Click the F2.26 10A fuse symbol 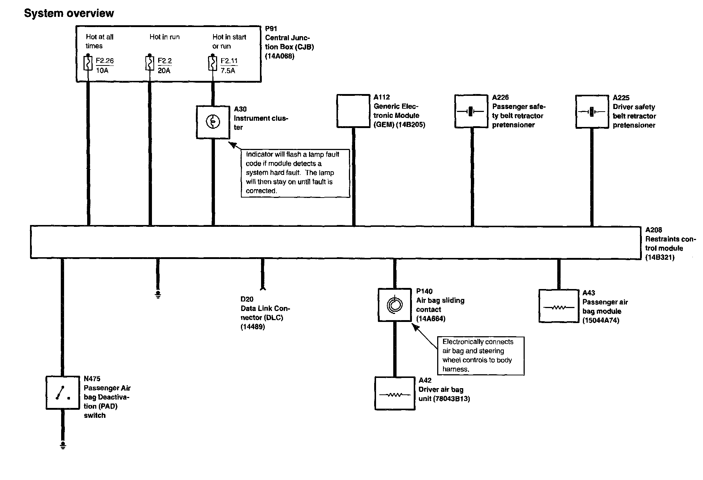click(x=88, y=63)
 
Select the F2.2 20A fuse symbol click(x=149, y=63)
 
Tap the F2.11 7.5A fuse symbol click(x=212, y=63)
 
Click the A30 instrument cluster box click(x=213, y=122)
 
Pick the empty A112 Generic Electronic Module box click(x=353, y=111)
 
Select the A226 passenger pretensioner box click(x=472, y=111)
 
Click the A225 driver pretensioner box click(x=592, y=112)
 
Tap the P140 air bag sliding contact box click(x=395, y=305)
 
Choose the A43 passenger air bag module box click(x=558, y=306)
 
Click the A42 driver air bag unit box click(x=395, y=394)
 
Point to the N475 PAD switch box click(x=63, y=393)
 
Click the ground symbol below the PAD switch click(x=63, y=445)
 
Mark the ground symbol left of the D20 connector click(x=158, y=295)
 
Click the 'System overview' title click(x=69, y=14)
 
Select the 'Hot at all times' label click(x=99, y=41)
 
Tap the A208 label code click(x=653, y=230)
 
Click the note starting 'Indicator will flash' click(x=295, y=173)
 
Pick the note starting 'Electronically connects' click(x=481, y=356)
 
